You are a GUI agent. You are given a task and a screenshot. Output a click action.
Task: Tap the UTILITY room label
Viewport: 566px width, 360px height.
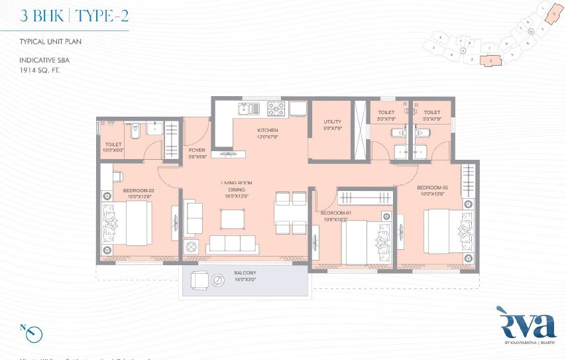pos(332,122)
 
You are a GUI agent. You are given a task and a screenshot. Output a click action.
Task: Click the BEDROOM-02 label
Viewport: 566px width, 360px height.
pos(137,191)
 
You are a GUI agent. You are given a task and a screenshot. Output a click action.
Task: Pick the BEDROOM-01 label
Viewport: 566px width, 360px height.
pos(335,213)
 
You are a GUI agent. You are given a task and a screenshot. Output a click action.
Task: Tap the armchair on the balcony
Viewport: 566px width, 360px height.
pos(200,281)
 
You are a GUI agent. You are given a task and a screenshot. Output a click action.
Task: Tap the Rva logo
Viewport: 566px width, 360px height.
pos(525,324)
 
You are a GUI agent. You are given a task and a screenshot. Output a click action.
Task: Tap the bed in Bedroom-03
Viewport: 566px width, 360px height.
pos(449,229)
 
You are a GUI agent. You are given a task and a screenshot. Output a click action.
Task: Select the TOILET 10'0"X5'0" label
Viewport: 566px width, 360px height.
pos(113,147)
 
